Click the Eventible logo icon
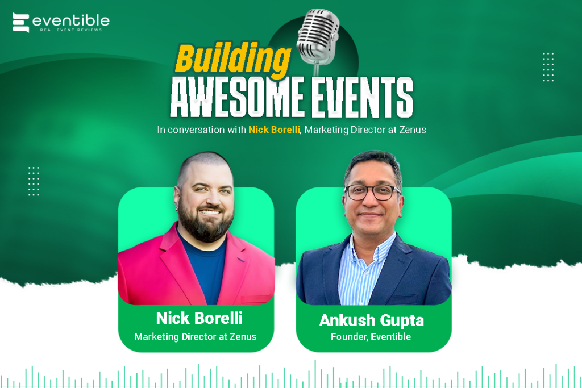point(21,23)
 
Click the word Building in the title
point(232,59)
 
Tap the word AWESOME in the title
point(237,97)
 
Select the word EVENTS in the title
point(362,97)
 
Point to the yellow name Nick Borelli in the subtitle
point(274,130)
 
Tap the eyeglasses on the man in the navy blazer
point(372,192)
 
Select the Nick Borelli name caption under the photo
point(199,318)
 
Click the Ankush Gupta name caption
point(372,320)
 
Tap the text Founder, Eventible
point(371,337)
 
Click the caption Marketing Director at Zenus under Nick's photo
point(196,337)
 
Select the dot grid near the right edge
point(548,67)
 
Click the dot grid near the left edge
point(34,181)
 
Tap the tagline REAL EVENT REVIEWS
point(71,30)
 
